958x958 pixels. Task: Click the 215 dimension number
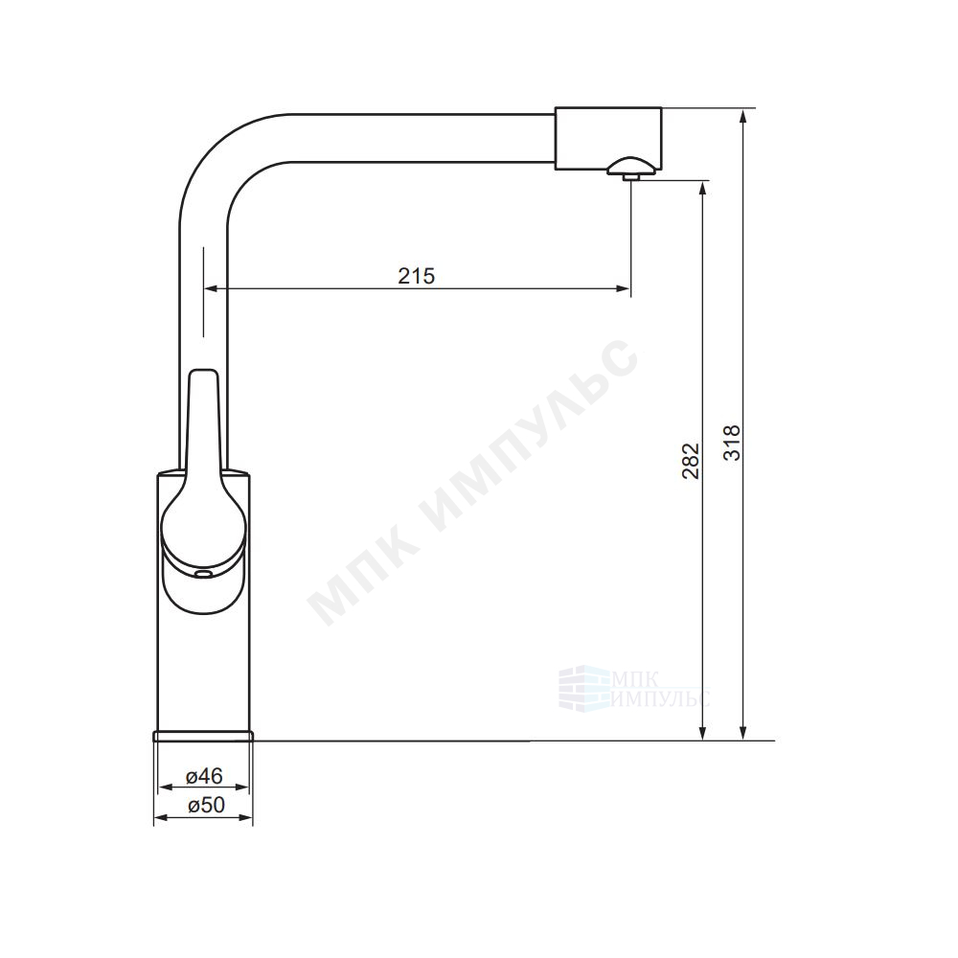[416, 276]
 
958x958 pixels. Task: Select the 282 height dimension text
[691, 461]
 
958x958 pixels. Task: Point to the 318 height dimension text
[731, 443]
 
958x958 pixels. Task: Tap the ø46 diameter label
[204, 776]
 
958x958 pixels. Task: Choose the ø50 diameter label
[207, 806]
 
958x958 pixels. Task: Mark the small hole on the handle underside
[202, 574]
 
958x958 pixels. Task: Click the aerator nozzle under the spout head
[630, 176]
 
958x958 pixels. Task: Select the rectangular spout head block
[608, 139]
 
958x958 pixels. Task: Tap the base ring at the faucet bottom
[203, 735]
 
